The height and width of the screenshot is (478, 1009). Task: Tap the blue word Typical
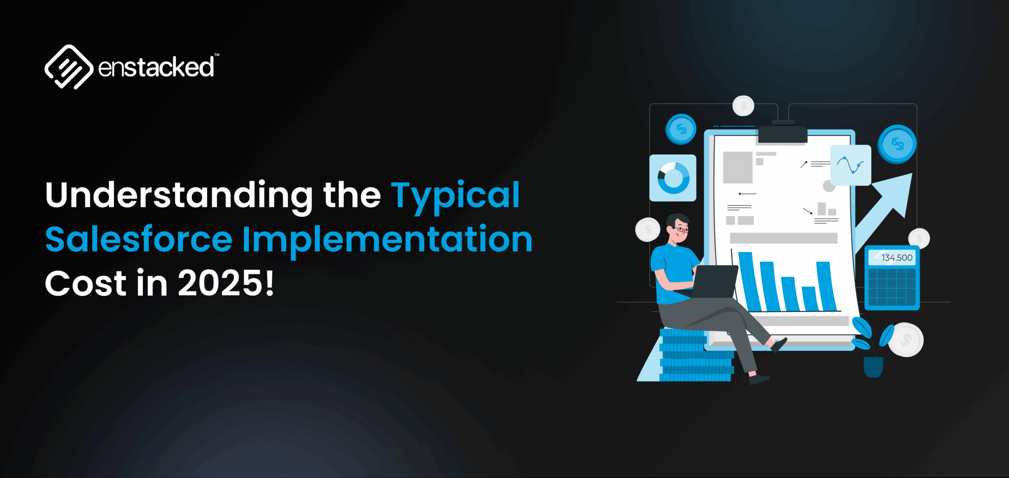455,195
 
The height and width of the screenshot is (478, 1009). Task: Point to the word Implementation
387,239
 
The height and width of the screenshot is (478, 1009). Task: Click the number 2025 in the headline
220,283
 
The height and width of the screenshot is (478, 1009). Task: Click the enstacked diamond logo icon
69,67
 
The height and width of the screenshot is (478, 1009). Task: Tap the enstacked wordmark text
156,67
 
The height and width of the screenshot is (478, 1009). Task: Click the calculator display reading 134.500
892,258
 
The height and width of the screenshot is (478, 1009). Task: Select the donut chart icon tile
673,178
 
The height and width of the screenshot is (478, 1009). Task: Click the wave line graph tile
851,165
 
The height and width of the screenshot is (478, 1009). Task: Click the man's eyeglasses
681,229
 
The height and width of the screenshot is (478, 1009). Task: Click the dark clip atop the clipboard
783,134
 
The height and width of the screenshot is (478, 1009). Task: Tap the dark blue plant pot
873,366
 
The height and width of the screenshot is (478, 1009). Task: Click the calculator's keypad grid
892,286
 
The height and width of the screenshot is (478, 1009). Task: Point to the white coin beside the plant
906,339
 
